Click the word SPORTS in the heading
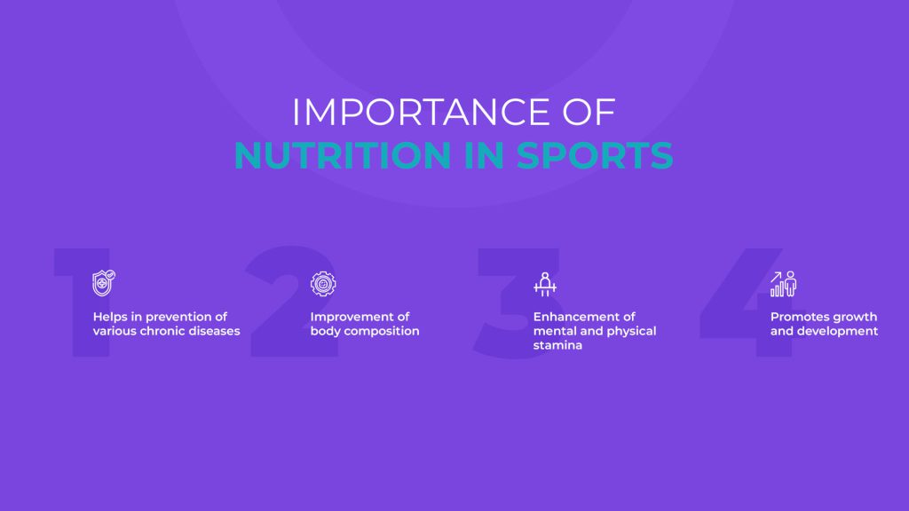(595, 155)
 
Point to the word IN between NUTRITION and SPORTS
(484, 155)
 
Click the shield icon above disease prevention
(104, 283)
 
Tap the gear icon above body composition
(323, 284)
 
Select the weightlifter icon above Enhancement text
(545, 285)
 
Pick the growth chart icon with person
(783, 284)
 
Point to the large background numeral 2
(293, 302)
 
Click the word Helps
(110, 317)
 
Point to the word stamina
(557, 345)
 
